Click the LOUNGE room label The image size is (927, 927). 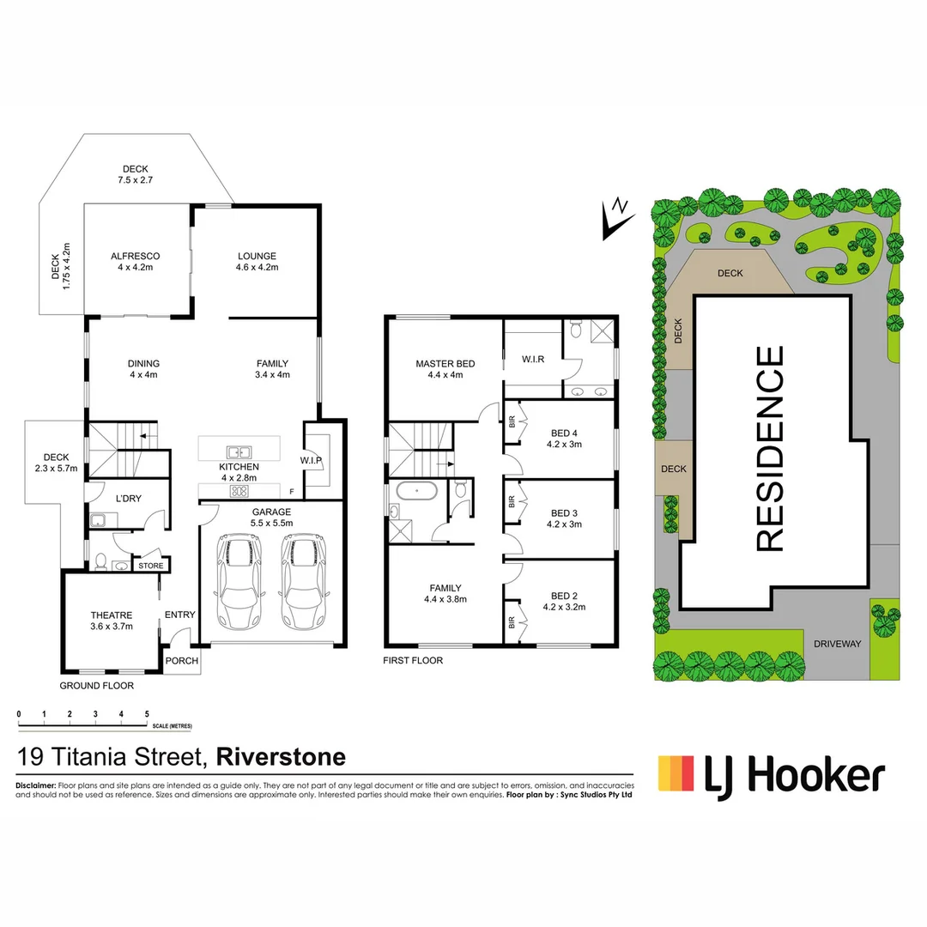click(257, 256)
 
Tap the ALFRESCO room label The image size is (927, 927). click(135, 256)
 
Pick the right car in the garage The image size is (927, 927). click(301, 581)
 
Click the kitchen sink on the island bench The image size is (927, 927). click(238, 451)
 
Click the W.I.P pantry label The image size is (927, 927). click(311, 461)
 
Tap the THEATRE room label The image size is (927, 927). click(112, 615)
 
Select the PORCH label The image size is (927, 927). click(182, 661)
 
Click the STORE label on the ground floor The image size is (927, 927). click(151, 566)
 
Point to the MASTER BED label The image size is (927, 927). click(445, 364)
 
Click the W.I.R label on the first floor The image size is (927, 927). click(532, 360)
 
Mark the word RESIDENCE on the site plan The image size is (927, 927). click(771, 448)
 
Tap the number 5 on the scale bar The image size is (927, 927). click(147, 714)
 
